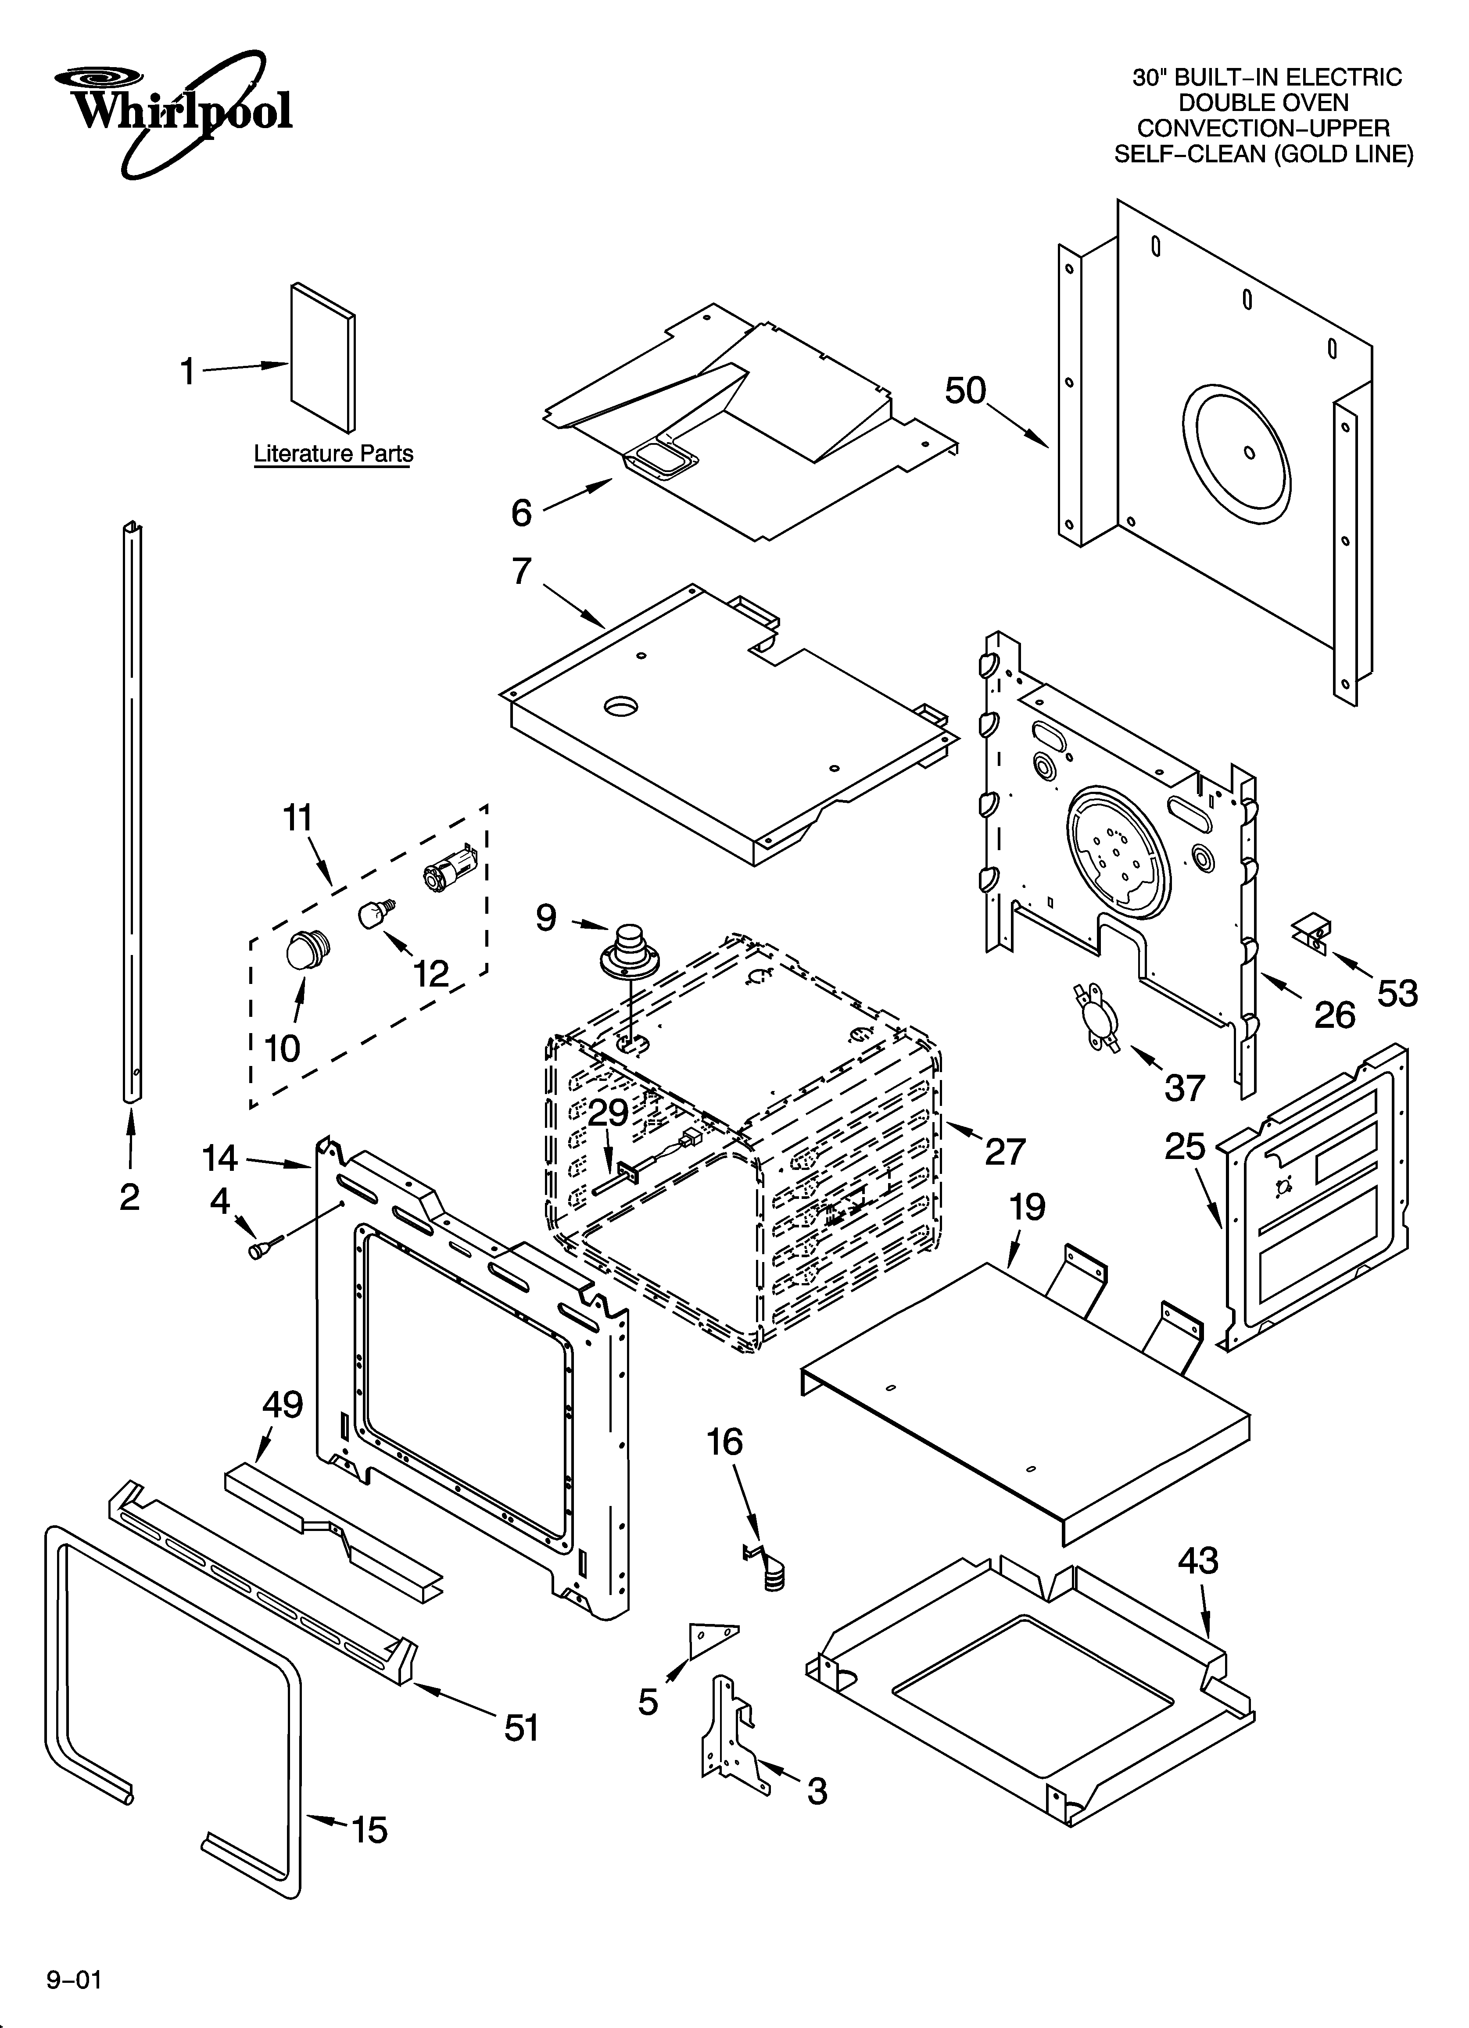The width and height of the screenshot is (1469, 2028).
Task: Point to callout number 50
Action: [965, 391]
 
